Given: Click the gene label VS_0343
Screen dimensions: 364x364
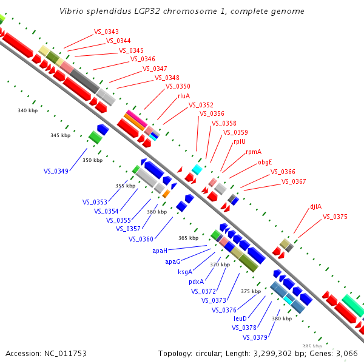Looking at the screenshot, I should click(x=106, y=32).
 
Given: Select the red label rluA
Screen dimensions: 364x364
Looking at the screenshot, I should click(x=184, y=96).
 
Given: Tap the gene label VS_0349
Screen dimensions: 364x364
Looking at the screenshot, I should click(x=56, y=171).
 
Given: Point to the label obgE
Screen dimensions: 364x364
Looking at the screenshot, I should click(x=265, y=162).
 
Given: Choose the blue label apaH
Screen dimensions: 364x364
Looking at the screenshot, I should click(x=160, y=250).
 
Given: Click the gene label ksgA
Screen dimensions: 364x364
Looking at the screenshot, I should click(x=184, y=272).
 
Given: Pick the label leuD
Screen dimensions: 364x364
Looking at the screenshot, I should click(x=240, y=318).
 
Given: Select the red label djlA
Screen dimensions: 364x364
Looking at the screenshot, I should click(x=315, y=206).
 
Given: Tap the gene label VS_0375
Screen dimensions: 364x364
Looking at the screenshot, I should click(x=335, y=217).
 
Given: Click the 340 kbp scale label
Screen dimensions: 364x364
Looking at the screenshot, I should click(x=28, y=110).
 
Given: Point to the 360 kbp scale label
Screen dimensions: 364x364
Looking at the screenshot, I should click(x=157, y=212).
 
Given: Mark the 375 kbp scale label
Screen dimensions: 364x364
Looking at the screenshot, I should click(x=250, y=291).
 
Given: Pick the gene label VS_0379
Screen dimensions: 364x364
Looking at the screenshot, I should click(x=255, y=337).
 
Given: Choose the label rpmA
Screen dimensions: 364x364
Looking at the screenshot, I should click(x=254, y=152).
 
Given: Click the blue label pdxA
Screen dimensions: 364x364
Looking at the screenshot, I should click(x=196, y=281).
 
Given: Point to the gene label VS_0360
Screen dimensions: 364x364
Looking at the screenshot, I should click(x=141, y=239).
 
